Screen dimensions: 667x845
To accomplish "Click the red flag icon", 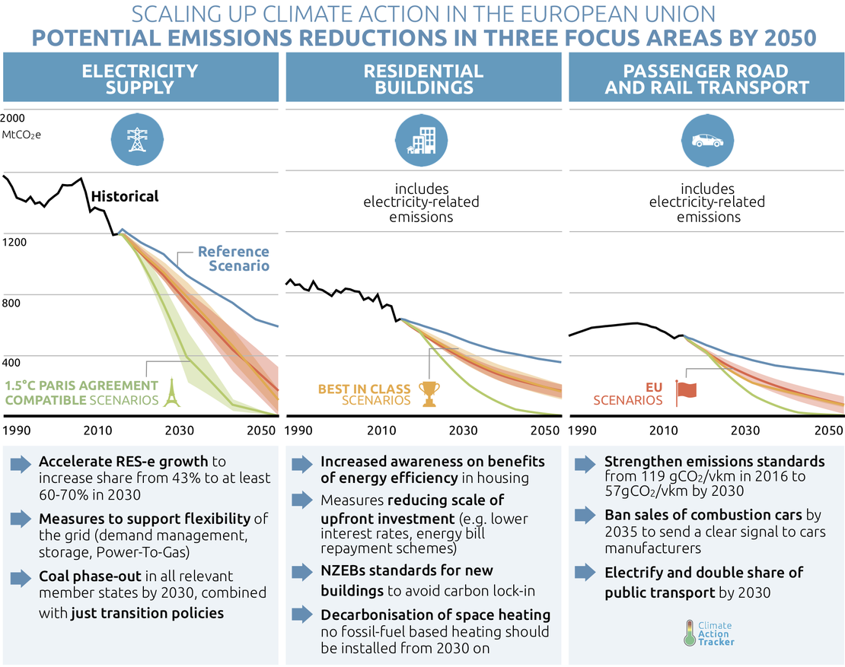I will click(687, 389).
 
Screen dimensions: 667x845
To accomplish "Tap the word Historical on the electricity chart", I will click(125, 196).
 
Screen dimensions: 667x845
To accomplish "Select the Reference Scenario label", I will click(233, 259).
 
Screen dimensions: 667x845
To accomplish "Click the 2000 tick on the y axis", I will click(13, 119).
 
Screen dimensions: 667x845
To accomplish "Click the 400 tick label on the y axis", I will click(11, 362).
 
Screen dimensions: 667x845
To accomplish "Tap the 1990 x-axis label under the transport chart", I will click(582, 430).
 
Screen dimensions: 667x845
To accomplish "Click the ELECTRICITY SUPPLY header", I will click(139, 79).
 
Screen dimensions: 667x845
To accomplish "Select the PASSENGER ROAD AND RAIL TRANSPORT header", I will click(706, 79).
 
